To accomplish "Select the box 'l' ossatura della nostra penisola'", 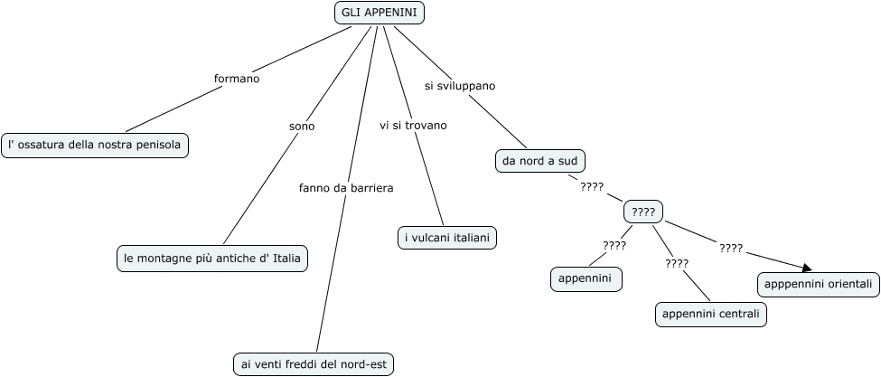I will pyautogui.click(x=95, y=145).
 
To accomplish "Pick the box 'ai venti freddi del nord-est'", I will pyautogui.click(x=314, y=363).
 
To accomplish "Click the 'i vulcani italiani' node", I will pyautogui.click(x=447, y=238).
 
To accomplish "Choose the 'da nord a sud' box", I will pyautogui.click(x=540, y=161).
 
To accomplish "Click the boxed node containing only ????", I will pyautogui.click(x=643, y=212).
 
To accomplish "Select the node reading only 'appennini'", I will pyautogui.click(x=586, y=279).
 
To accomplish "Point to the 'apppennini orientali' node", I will pyautogui.click(x=818, y=284).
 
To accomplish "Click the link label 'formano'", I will pyautogui.click(x=237, y=79).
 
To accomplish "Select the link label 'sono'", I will pyautogui.click(x=302, y=127).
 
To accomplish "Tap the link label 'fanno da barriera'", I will pyautogui.click(x=346, y=188).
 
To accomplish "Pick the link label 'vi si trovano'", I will pyautogui.click(x=413, y=125).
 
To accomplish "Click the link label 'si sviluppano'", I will pyautogui.click(x=460, y=86).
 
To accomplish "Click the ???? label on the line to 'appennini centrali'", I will pyautogui.click(x=677, y=263).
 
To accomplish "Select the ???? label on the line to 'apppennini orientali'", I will pyautogui.click(x=731, y=247).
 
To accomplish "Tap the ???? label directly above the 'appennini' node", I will pyautogui.click(x=614, y=245).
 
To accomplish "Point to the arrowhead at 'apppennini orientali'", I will pyautogui.click(x=806, y=267).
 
